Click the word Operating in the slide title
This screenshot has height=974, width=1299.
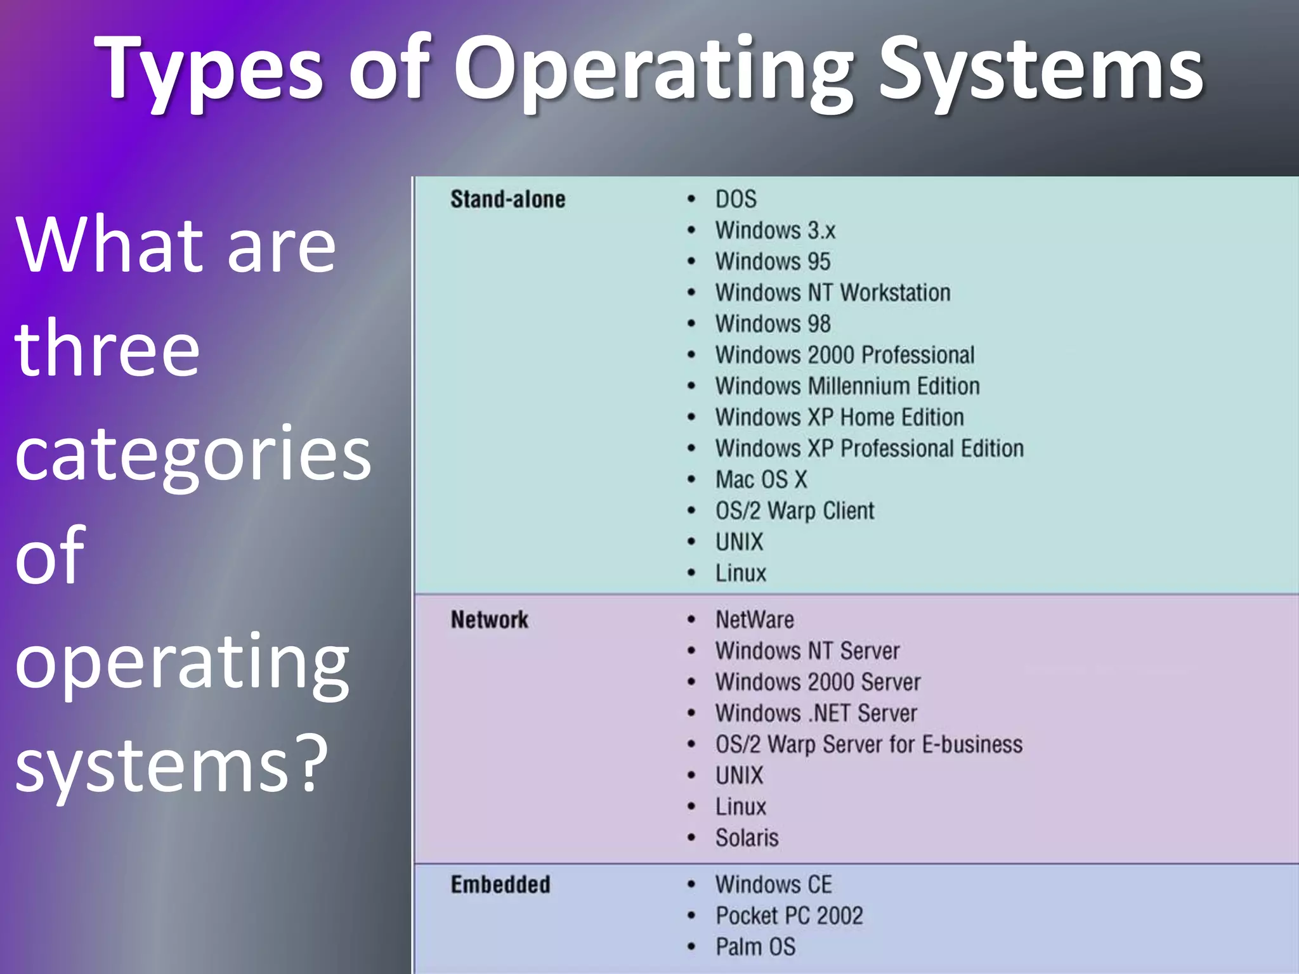click(x=653, y=70)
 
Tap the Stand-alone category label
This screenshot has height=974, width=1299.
click(x=507, y=199)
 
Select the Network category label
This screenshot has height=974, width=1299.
click(x=489, y=620)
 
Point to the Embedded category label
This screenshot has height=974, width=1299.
click(x=500, y=885)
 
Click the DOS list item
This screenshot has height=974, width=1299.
click(x=736, y=199)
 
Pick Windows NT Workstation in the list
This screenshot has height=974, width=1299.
click(x=832, y=293)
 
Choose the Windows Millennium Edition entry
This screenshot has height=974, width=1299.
click(x=847, y=386)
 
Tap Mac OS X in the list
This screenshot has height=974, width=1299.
click(x=761, y=479)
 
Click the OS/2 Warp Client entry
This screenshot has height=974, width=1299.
click(x=795, y=510)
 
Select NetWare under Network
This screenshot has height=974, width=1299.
click(x=755, y=620)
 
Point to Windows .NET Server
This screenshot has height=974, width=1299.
click(x=816, y=713)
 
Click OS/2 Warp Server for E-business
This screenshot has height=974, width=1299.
click(x=869, y=744)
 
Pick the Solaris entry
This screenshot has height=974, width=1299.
click(x=747, y=838)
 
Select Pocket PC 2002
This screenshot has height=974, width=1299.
click(x=789, y=916)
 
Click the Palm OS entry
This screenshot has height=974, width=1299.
click(x=755, y=947)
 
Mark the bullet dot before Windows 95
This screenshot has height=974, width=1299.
click(x=691, y=261)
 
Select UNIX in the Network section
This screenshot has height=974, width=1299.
click(x=740, y=776)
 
